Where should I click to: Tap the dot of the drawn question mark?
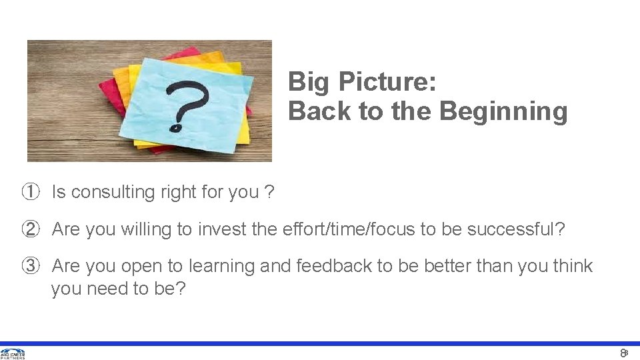point(175,126)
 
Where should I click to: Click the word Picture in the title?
point(387,82)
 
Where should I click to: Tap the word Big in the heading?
point(310,82)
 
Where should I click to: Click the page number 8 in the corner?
point(623,353)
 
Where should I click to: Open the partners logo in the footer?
point(13,353)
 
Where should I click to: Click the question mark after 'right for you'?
point(269,192)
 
